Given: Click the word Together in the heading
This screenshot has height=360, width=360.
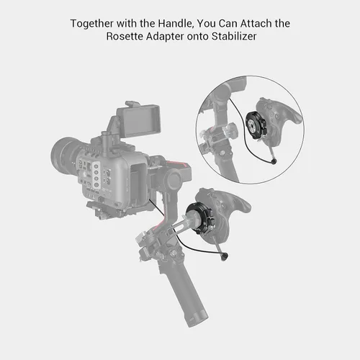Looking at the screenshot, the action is pos(92,24).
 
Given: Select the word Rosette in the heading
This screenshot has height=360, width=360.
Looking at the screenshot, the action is pos(125,37).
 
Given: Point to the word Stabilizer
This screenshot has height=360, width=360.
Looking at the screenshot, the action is pos(234,37).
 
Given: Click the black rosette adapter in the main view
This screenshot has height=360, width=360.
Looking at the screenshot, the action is pos(199,218).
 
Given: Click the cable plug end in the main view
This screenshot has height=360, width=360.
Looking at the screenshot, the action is pos(225,257).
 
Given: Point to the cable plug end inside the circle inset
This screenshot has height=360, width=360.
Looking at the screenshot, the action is pos(274,162).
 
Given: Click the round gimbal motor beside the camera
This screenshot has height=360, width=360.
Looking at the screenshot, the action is pos(174,179).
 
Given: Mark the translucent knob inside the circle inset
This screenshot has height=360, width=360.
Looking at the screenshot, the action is pos(230,130).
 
